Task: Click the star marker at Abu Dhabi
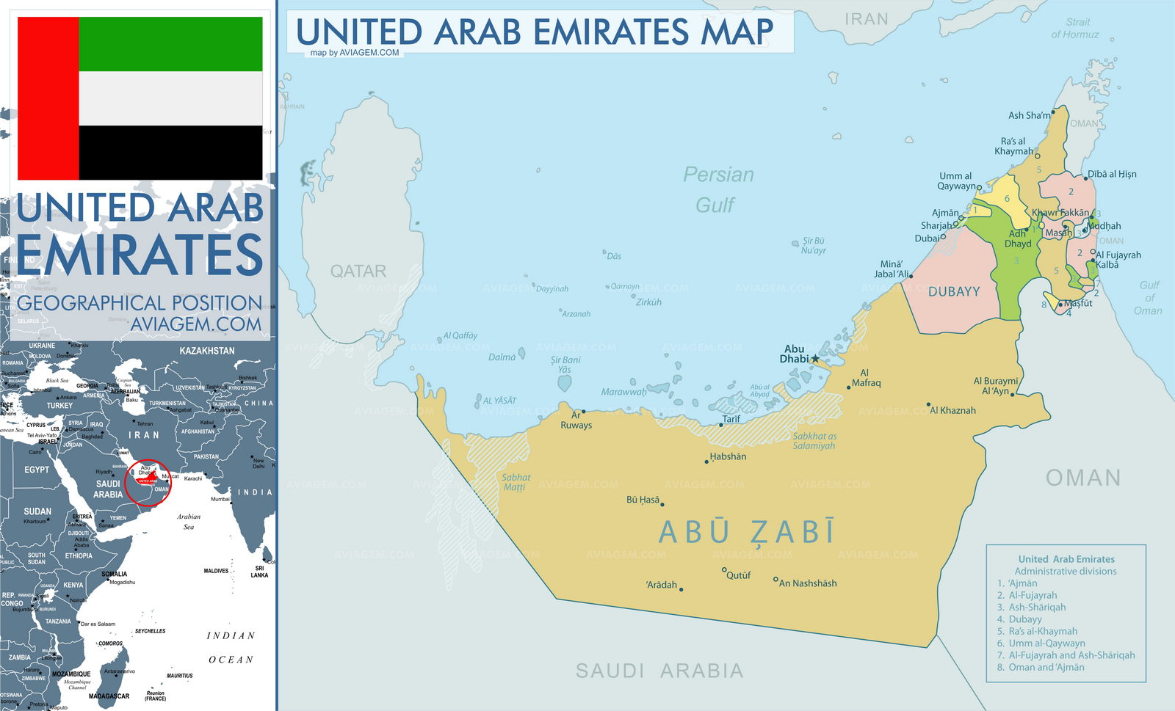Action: (814, 359)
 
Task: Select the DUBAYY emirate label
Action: (954, 292)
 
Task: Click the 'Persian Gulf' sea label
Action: (717, 189)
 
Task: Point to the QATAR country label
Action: (358, 271)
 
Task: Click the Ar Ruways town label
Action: (576, 420)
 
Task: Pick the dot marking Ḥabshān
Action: (708, 462)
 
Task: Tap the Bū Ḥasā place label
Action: (643, 500)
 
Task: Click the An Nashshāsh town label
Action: (807, 583)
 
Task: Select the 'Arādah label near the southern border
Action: (661, 585)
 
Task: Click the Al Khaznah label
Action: (952, 410)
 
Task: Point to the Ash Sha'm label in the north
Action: (1029, 115)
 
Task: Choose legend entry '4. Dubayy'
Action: (1024, 619)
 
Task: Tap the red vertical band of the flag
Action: (48, 98)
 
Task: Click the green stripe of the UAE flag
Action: (170, 44)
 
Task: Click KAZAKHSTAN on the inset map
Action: (207, 351)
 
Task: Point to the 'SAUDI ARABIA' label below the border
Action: (659, 671)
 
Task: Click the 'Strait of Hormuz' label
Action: (1076, 28)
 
